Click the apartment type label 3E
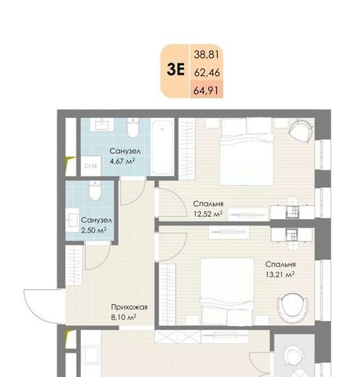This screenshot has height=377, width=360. click(176, 70)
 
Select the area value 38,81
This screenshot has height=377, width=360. click(207, 55)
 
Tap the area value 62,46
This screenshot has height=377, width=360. click(207, 72)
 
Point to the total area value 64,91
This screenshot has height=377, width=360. click(206, 90)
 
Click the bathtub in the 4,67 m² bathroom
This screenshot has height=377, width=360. click(163, 147)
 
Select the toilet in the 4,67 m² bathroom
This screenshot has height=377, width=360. click(133, 127)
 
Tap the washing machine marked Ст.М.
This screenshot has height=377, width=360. click(90, 166)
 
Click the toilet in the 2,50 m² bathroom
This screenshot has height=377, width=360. click(95, 190)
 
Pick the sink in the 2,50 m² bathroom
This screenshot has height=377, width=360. click(72, 220)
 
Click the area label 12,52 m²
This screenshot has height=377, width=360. click(208, 214)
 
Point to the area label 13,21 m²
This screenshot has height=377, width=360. click(280, 275)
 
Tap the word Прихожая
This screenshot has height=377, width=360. click(130, 307)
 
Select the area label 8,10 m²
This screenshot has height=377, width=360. click(123, 317)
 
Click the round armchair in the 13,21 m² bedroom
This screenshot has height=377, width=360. click(292, 309)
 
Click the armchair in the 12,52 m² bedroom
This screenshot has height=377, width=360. click(301, 131)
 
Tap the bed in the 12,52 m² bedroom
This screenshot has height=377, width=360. click(247, 152)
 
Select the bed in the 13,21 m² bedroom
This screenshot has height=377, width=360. click(227, 291)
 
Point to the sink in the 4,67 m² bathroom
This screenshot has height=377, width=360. click(101, 125)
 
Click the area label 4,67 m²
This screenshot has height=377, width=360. click(123, 161)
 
